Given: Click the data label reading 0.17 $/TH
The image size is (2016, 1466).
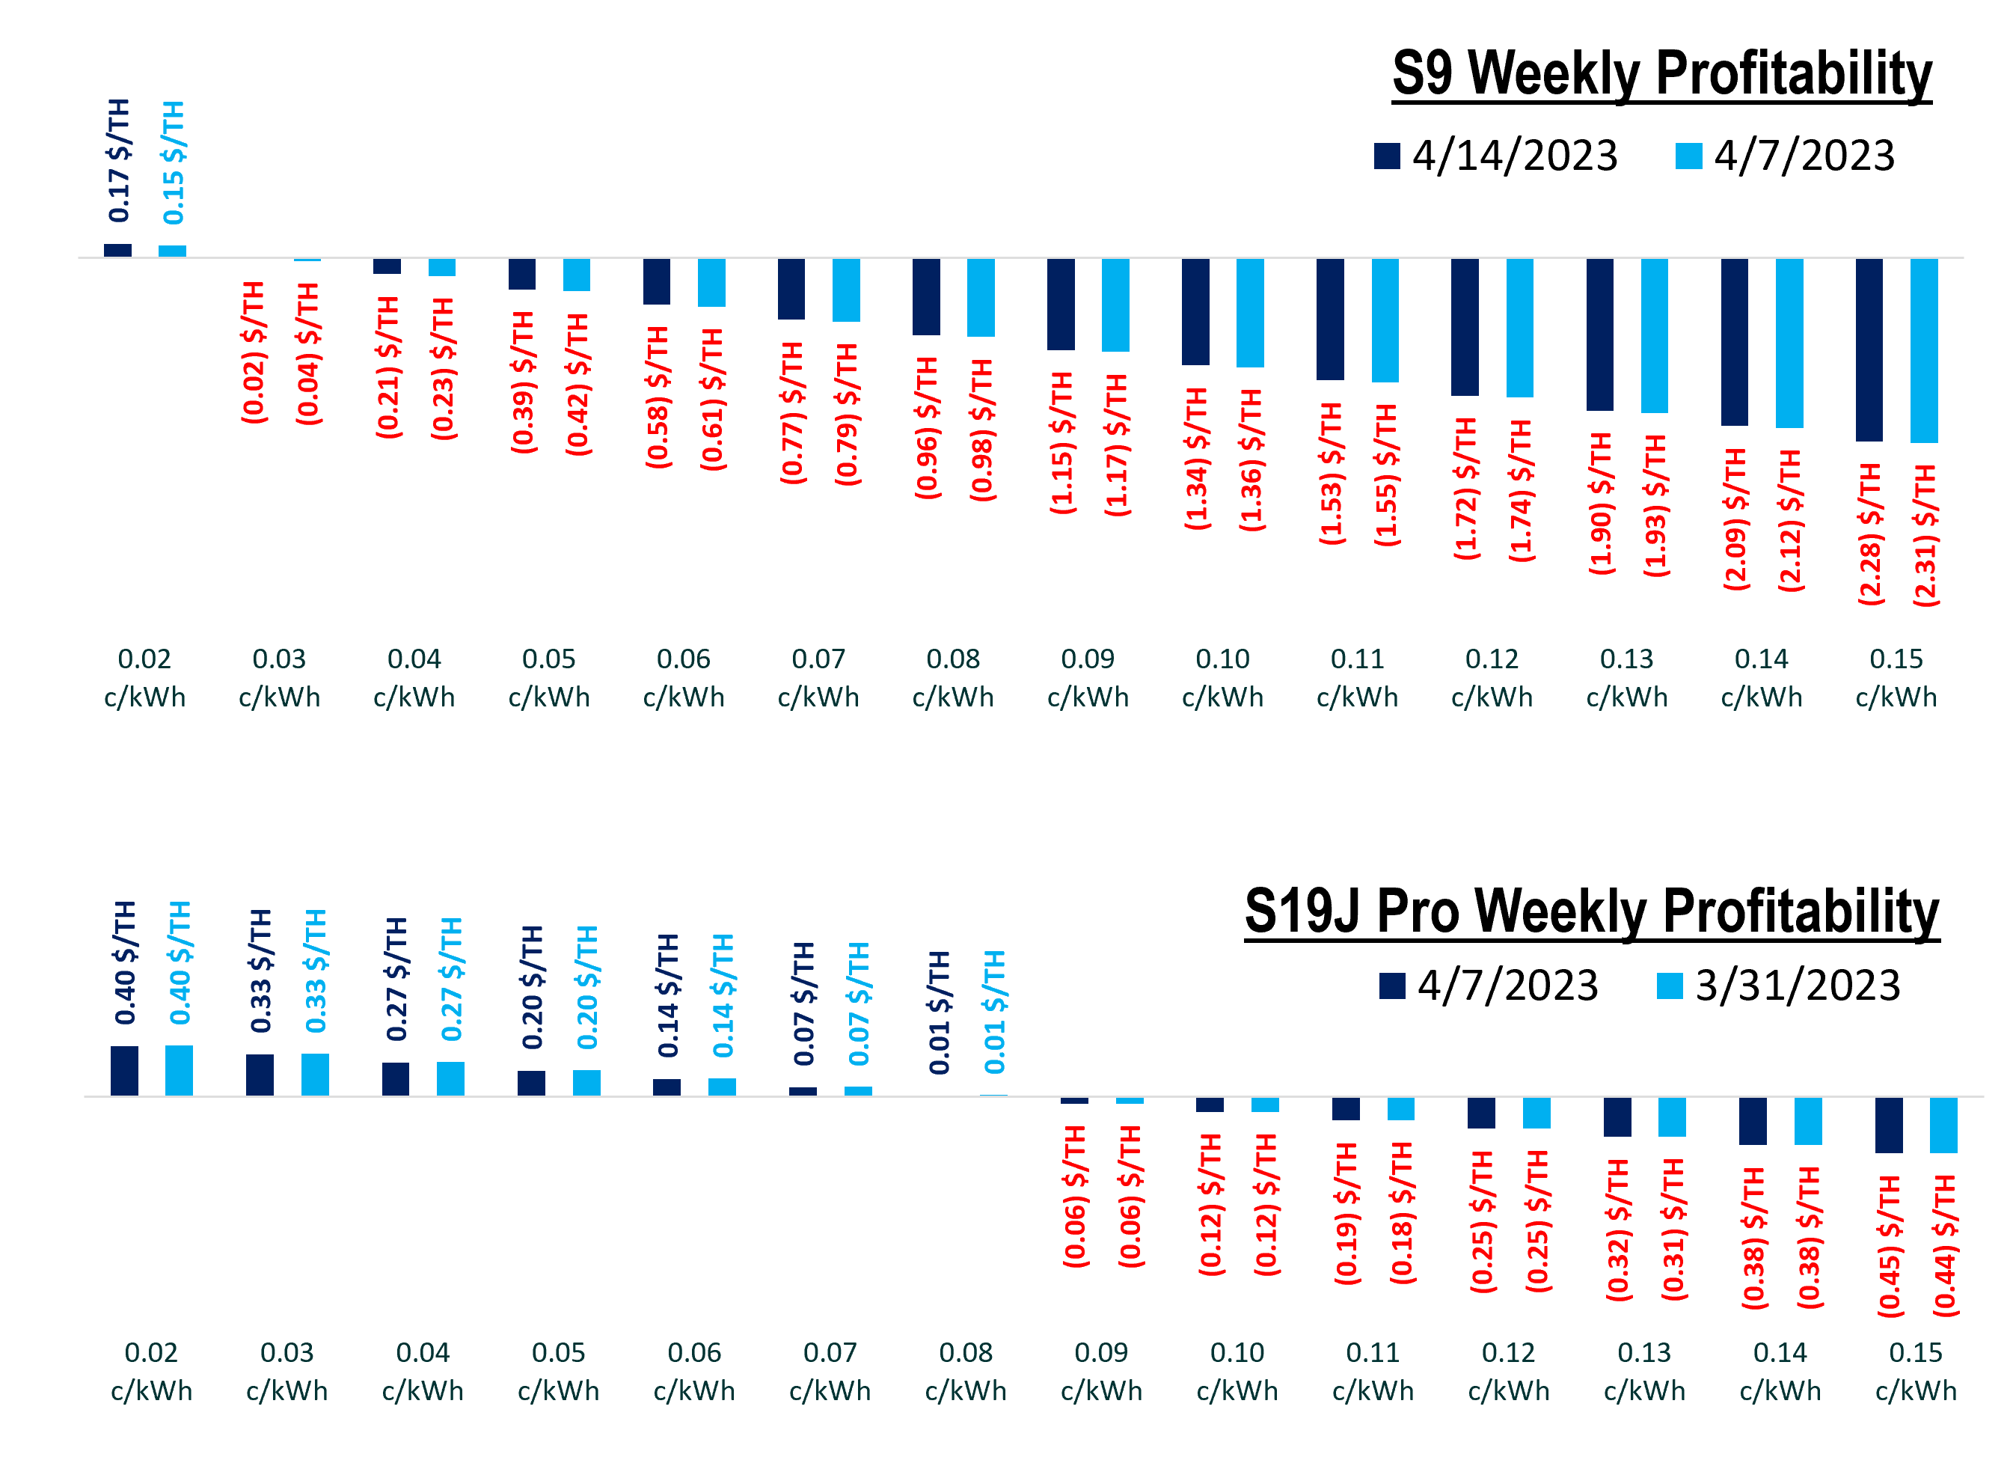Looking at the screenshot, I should point(119,161).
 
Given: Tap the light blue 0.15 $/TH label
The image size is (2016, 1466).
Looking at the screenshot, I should point(174,162).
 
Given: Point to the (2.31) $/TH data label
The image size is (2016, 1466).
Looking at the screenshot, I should point(1925,536).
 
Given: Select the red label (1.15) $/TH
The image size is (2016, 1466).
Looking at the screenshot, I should point(1062,443).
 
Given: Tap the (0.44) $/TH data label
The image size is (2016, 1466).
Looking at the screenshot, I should point(1945,1244).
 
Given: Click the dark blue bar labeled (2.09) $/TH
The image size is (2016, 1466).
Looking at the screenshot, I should point(1734,342).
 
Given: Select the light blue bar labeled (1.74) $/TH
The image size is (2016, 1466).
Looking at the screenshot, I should point(1520,328).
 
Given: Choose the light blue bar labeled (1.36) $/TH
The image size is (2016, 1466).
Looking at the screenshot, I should point(1250,313).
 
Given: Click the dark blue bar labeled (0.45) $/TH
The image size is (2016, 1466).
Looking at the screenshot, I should point(1889,1125).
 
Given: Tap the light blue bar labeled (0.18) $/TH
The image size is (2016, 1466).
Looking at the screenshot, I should point(1401,1108).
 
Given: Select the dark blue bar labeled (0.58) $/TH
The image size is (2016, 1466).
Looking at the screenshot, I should point(657,282).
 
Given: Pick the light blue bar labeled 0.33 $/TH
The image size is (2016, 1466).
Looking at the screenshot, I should point(315,1075).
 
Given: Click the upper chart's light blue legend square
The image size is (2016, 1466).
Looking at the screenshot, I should point(1689,156).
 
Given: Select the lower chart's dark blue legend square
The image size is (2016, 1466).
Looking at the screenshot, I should point(1392,986).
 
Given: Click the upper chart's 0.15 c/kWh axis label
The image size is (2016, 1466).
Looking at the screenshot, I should point(1896,677).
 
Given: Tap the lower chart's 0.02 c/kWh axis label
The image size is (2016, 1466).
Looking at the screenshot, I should point(151,1371).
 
